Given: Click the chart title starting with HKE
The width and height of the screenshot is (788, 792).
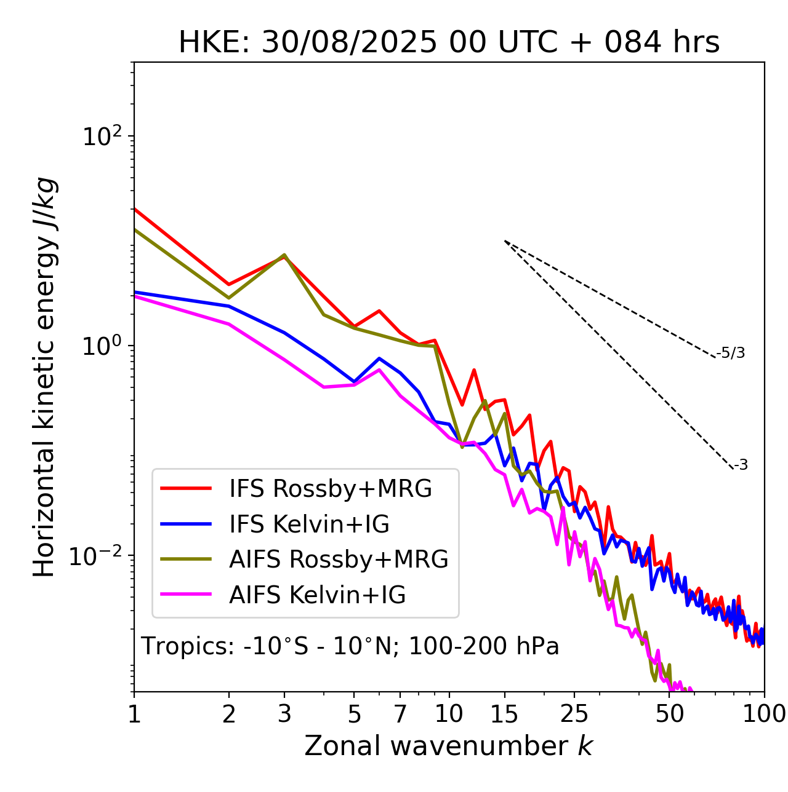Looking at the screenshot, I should click(x=449, y=43).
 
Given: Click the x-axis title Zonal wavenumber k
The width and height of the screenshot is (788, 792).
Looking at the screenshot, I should click(x=448, y=746).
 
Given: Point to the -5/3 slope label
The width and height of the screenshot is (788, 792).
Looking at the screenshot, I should click(x=731, y=353).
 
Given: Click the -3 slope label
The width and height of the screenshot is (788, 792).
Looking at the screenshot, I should click(x=741, y=465).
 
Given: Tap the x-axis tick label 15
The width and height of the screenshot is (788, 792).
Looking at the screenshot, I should click(x=504, y=713).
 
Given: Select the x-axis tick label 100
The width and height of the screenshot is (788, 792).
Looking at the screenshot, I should click(x=764, y=713).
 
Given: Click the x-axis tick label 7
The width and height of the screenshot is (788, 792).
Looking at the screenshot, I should click(x=400, y=713).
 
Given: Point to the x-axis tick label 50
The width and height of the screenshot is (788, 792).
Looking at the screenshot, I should click(x=670, y=713).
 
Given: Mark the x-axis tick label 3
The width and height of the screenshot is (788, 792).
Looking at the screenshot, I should click(x=284, y=713).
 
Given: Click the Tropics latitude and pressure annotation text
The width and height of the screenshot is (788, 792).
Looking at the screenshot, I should click(x=350, y=646).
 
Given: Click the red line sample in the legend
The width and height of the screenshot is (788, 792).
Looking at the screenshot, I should click(x=186, y=488).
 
